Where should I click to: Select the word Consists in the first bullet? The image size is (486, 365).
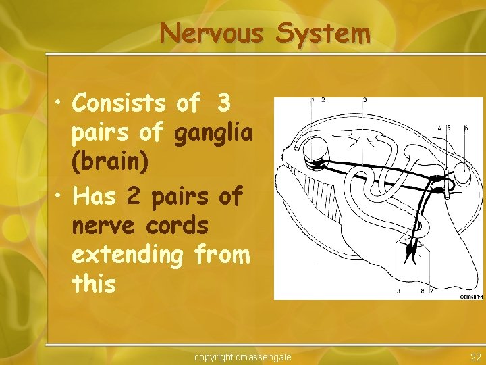tap(119, 103)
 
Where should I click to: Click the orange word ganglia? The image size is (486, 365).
tap(213, 134)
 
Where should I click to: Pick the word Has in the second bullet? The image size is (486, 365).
tap(97, 195)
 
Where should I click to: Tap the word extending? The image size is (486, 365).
tap(128, 255)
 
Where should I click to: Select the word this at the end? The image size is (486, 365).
tap(94, 285)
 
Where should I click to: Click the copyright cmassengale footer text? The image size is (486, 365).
tap(243, 356)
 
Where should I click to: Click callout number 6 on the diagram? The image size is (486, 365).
tap(466, 128)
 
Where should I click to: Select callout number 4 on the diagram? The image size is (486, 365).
tap(439, 128)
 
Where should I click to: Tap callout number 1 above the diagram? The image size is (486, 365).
tap(313, 100)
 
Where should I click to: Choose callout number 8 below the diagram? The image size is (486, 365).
tap(423, 291)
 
